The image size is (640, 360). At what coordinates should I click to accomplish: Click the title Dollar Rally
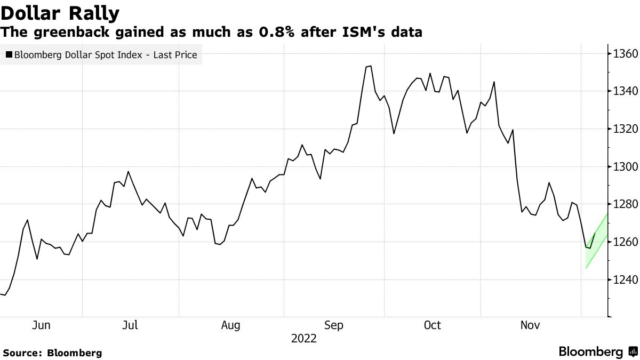tap(60, 12)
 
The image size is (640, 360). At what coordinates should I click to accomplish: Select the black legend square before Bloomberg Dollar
tap(9, 54)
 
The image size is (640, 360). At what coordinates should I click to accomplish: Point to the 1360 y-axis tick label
tap(623, 54)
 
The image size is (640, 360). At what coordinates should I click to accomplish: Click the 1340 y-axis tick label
tap(623, 91)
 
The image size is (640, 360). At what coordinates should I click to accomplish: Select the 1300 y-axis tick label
tap(623, 167)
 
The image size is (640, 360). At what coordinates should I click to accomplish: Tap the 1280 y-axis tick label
tap(623, 204)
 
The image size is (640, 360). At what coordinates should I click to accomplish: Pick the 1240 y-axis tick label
tap(623, 279)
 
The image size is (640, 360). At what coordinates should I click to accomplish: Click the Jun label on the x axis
tap(41, 325)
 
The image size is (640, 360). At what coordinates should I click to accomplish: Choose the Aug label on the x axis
tap(230, 325)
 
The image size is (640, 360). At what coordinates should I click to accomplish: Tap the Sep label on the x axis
tap(334, 325)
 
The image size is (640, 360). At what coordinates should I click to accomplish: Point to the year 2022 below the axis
tap(304, 339)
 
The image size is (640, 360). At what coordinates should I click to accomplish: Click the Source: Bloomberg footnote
tap(52, 353)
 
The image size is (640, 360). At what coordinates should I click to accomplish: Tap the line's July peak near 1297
tap(129, 171)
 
